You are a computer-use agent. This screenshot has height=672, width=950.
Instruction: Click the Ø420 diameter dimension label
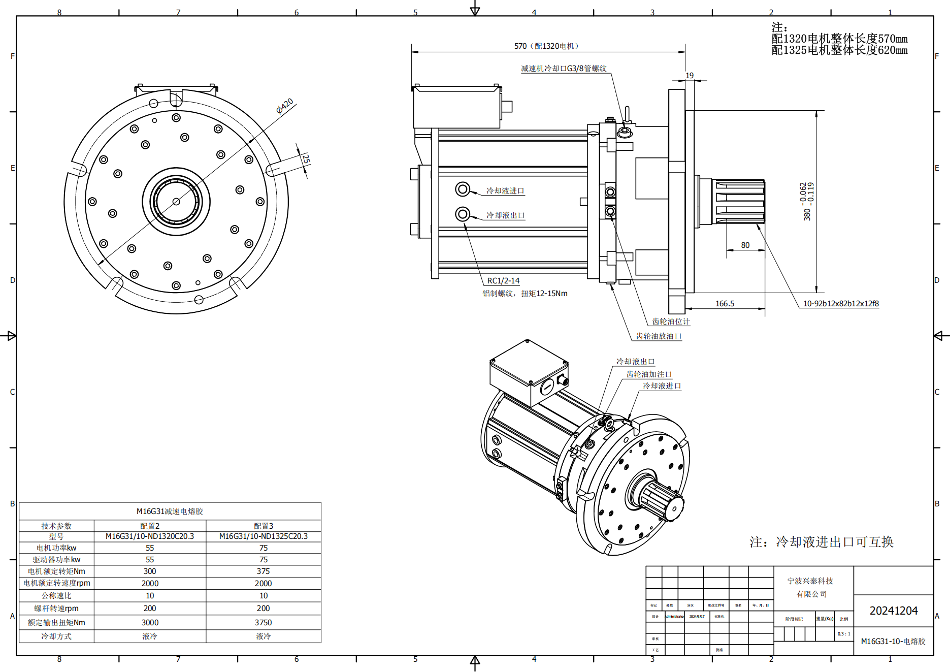click(x=285, y=106)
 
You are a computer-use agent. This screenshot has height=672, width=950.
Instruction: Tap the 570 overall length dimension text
click(x=546, y=46)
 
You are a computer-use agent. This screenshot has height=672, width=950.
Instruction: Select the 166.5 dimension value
click(x=725, y=304)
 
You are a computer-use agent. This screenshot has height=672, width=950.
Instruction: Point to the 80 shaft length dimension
click(x=745, y=245)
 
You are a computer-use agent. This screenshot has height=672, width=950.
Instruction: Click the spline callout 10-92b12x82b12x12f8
click(x=840, y=304)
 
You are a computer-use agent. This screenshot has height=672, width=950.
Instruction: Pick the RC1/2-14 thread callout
click(x=503, y=281)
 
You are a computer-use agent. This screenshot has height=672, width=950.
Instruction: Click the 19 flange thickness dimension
click(x=689, y=76)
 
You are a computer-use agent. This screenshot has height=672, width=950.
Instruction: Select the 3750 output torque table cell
click(x=263, y=623)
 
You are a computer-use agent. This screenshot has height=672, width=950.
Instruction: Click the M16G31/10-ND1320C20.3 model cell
click(x=150, y=536)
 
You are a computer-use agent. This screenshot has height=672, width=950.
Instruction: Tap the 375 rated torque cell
click(x=263, y=571)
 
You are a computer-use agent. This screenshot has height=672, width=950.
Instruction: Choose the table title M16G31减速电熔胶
click(x=170, y=511)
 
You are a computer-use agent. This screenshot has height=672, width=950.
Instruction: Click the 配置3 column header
click(x=263, y=526)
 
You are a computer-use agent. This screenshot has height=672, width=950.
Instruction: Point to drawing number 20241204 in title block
click(x=893, y=611)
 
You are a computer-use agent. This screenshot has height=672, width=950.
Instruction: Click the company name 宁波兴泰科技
click(x=810, y=581)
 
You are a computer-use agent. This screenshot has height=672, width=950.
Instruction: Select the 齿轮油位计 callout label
click(x=671, y=322)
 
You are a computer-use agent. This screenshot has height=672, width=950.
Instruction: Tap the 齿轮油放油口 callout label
click(x=659, y=336)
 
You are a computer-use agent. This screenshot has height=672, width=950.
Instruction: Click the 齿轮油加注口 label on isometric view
click(x=649, y=374)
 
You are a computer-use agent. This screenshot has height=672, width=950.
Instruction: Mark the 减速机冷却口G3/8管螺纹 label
click(x=564, y=69)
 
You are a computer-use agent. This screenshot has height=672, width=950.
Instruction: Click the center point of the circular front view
click(x=176, y=202)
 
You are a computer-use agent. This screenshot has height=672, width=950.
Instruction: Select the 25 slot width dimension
click(x=306, y=158)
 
